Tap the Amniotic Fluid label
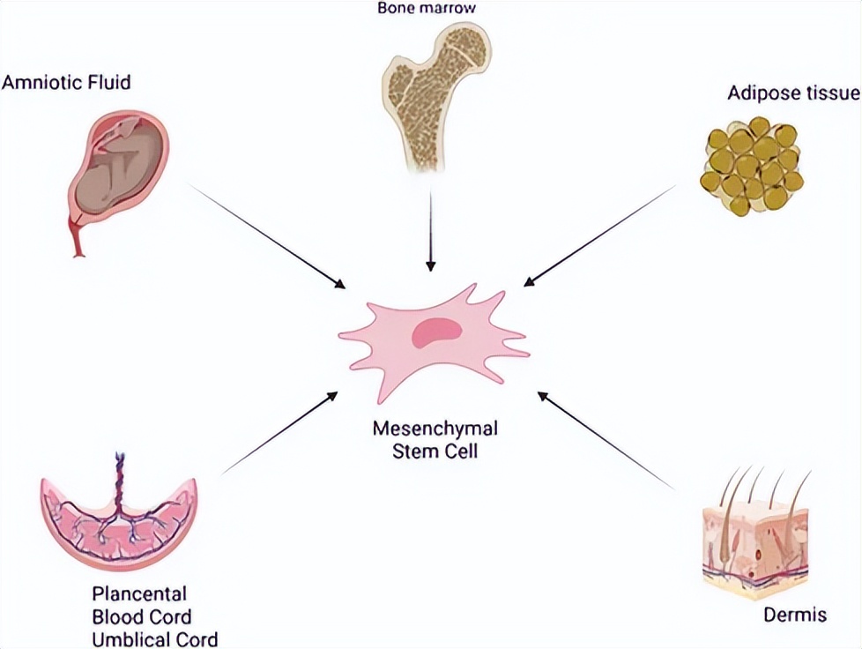tap(66, 84)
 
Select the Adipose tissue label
tap(792, 93)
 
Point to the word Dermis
tap(795, 615)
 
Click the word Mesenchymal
tap(435, 429)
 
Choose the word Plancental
tap(139, 593)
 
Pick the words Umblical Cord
tap(154, 638)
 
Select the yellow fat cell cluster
tap(751, 164)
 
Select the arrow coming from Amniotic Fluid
tap(264, 236)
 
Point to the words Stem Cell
tap(435, 451)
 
